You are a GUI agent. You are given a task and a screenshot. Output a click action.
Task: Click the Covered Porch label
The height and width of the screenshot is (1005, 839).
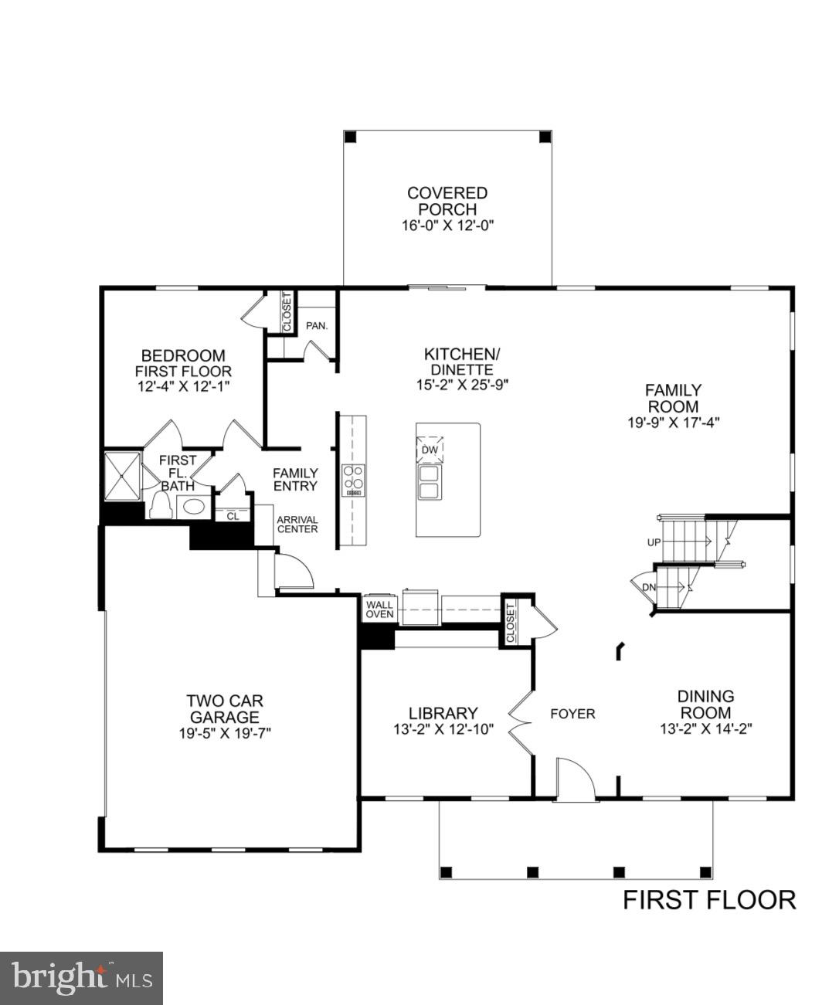(447, 202)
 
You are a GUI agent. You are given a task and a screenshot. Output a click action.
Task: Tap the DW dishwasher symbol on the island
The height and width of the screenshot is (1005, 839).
(430, 450)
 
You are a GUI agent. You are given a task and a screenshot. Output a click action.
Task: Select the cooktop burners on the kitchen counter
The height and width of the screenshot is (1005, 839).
(354, 480)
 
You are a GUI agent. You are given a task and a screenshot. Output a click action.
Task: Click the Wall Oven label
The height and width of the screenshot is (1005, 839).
(379, 609)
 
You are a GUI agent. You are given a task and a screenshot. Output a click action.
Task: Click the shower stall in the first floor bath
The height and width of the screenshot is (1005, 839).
(122, 476)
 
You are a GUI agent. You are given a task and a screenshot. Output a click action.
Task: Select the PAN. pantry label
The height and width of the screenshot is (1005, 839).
(317, 325)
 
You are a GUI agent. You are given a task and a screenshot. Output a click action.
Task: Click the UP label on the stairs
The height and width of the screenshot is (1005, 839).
(654, 542)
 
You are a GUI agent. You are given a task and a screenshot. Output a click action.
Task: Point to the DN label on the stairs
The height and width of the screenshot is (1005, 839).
(650, 587)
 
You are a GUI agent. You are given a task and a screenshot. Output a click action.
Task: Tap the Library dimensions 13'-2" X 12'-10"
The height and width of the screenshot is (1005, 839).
(443, 728)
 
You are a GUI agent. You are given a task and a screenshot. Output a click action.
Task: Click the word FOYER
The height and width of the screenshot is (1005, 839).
(572, 714)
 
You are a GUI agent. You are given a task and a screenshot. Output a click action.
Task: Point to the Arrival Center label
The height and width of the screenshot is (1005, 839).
(297, 525)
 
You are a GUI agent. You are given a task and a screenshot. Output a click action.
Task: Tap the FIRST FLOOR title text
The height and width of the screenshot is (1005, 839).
(709, 900)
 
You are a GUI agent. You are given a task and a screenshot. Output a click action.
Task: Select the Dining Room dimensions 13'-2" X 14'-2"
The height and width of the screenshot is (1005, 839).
(706, 728)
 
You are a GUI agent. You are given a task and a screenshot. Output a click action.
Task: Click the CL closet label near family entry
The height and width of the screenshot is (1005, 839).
(233, 517)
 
